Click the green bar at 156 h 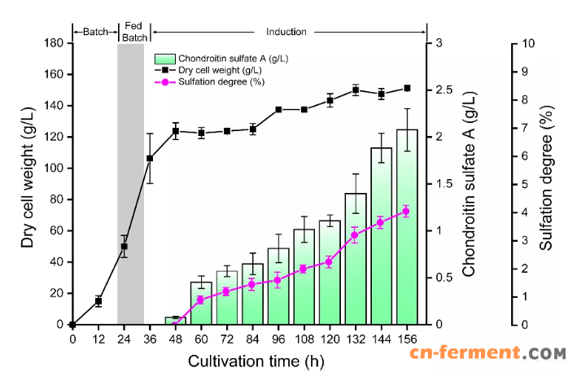[407, 228]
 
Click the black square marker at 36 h [150, 159]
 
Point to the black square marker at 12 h [98, 301]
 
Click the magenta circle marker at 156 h [406, 212]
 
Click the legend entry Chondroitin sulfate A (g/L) [221, 59]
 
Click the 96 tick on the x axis [278, 339]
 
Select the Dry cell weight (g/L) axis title [28, 184]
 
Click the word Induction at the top [286, 32]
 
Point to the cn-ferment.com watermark [500, 354]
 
